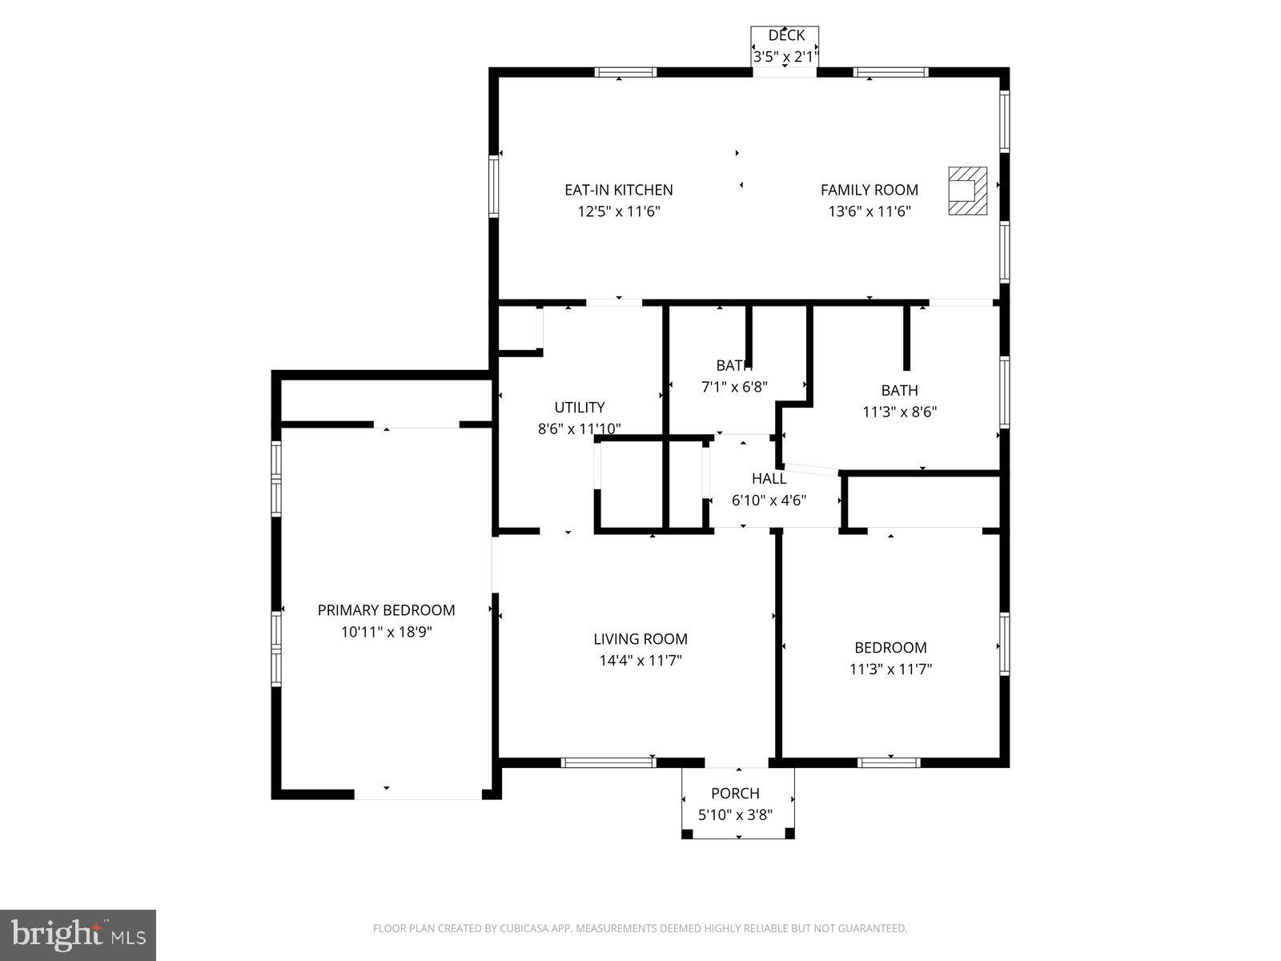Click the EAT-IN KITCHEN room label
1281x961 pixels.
click(618, 190)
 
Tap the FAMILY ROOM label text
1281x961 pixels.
click(869, 190)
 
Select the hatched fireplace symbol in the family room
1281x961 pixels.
click(967, 191)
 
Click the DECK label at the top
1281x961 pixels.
click(785, 35)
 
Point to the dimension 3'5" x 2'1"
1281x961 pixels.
click(785, 57)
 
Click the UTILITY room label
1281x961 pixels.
click(579, 407)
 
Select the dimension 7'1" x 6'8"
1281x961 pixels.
click(734, 387)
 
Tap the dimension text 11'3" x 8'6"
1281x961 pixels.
click(899, 412)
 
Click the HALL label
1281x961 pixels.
click(769, 479)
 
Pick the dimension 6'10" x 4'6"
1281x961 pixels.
click(769, 501)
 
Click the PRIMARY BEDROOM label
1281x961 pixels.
click(386, 610)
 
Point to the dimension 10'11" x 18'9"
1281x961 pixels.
click(386, 632)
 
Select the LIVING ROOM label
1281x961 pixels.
click(640, 639)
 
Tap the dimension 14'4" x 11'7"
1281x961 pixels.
click(640, 661)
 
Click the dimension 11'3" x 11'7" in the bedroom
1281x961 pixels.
click(890, 669)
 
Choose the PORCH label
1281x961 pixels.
click(735, 794)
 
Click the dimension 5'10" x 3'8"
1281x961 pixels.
click(735, 815)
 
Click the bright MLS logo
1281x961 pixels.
click(78, 934)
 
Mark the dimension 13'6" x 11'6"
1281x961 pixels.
click(869, 211)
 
